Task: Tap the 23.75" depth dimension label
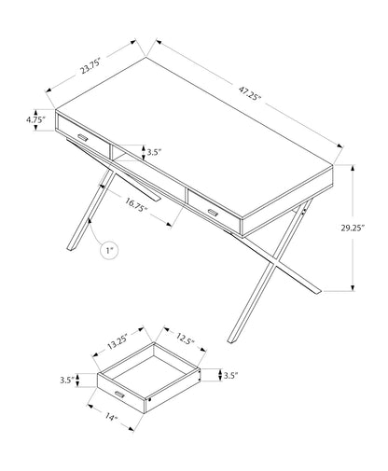tap(90, 66)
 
